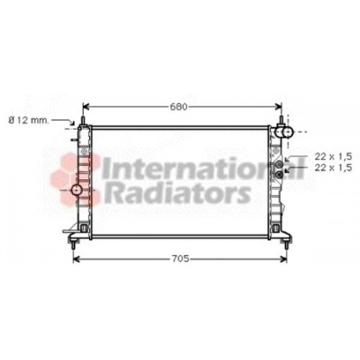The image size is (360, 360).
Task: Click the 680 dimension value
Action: tap(179, 107)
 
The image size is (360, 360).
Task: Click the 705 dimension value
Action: tap(180, 258)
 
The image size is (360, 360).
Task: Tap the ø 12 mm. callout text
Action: tap(29, 120)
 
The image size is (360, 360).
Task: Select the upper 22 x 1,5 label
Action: tap(333, 157)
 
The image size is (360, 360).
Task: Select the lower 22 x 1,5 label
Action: tap(333, 168)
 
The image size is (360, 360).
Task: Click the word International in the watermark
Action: tap(203, 168)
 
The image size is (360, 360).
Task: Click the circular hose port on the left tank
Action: tap(77, 190)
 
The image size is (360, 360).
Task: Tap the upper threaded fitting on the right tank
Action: tap(279, 164)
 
